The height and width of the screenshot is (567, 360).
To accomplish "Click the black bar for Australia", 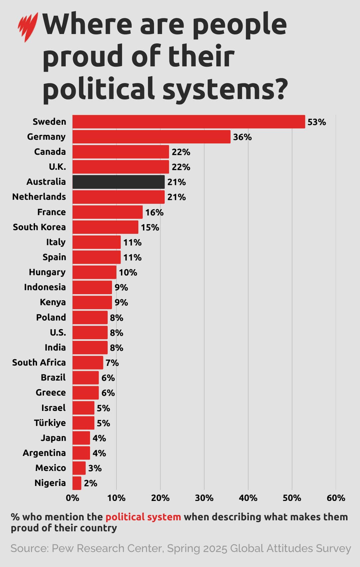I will pos(118,182).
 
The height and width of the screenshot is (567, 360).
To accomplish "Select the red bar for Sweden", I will pos(189,122).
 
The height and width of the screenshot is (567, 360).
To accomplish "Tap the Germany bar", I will pos(151,137).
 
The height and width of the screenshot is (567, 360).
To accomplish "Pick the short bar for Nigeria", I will pos(77,483).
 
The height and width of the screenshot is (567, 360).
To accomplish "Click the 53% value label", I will pos(316,122).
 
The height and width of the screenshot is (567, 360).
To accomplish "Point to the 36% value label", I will pos(242,137).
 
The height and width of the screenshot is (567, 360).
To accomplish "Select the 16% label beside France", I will pos(154,212).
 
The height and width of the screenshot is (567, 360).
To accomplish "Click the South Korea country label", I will pos(39,227).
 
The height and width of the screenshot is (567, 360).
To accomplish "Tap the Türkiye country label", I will pos(50,423).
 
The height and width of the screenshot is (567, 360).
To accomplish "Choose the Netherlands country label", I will pos(39,197).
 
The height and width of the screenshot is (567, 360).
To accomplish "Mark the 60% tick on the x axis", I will pos(336,498).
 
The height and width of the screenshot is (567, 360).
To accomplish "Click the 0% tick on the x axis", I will pos(73,498).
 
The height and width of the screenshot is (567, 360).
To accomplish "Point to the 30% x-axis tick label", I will pos(204,498).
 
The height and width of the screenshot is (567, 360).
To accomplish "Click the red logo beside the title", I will pos(28,27).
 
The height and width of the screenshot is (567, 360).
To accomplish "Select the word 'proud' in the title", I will pos(83,57).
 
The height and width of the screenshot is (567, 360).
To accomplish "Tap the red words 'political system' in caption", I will pos(143,517).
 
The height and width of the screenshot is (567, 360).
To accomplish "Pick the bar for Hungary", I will pos(94,272).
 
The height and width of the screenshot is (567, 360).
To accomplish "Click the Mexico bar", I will pos(79,468).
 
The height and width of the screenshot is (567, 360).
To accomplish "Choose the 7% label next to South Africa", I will pos(112,363).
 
